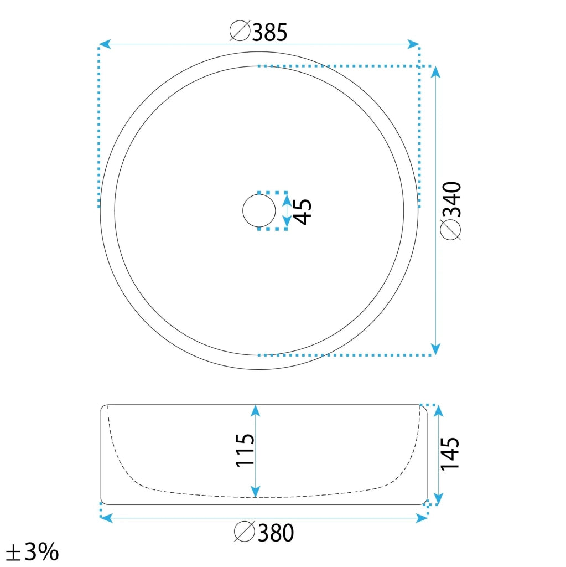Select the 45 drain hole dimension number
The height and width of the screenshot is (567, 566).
click(302, 212)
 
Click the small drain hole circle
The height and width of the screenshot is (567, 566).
click(259, 211)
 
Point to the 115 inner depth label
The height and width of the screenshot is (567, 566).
click(245, 450)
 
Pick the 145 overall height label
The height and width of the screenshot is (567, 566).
click(450, 453)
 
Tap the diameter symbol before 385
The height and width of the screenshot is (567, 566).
click(240, 31)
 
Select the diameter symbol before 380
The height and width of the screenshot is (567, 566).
click(245, 531)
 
